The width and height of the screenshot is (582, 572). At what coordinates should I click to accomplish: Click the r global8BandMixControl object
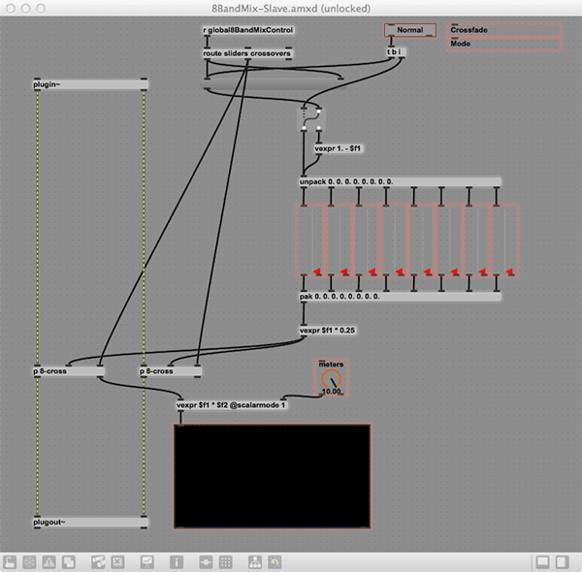coord(248,30)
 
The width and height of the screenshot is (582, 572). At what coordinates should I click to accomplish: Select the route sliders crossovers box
coord(247,53)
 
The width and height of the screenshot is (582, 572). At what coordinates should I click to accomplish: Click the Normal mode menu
coord(410,30)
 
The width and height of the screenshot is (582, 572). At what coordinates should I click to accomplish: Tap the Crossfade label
coord(469,30)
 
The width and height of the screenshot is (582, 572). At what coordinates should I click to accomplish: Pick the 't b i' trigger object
coord(396,52)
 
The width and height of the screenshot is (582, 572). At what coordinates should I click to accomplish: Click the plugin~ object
coord(90,84)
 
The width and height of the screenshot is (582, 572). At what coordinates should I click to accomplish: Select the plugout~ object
coord(90,522)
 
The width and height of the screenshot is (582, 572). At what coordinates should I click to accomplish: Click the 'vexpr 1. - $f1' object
coord(339,148)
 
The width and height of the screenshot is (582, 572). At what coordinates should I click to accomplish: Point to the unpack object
coord(400,181)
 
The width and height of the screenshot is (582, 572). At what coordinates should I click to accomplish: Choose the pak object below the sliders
coord(400,297)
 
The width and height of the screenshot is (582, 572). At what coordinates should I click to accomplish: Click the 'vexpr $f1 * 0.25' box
coord(328,331)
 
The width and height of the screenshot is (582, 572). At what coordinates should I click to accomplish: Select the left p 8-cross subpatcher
coord(69,371)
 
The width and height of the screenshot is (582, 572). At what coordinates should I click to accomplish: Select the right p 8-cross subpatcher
coord(171,371)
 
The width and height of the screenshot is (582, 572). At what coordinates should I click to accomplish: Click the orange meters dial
coord(331,379)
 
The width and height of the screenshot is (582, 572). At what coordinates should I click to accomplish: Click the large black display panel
coord(272,476)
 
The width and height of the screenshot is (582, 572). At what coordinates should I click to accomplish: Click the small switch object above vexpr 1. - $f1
coord(311,119)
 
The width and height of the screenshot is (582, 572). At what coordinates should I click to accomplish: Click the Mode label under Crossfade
coord(461,44)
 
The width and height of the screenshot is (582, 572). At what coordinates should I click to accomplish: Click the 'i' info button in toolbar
coord(177,562)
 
